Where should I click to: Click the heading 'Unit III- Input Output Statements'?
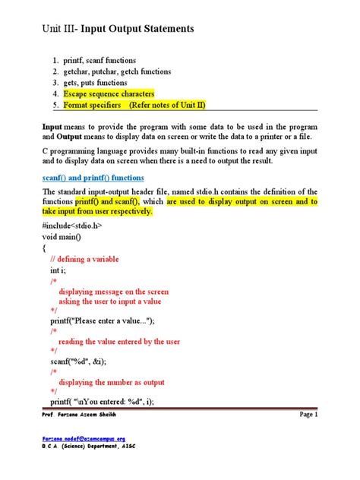point(118,28)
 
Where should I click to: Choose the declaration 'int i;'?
point(58,270)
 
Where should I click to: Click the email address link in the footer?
point(84,439)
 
